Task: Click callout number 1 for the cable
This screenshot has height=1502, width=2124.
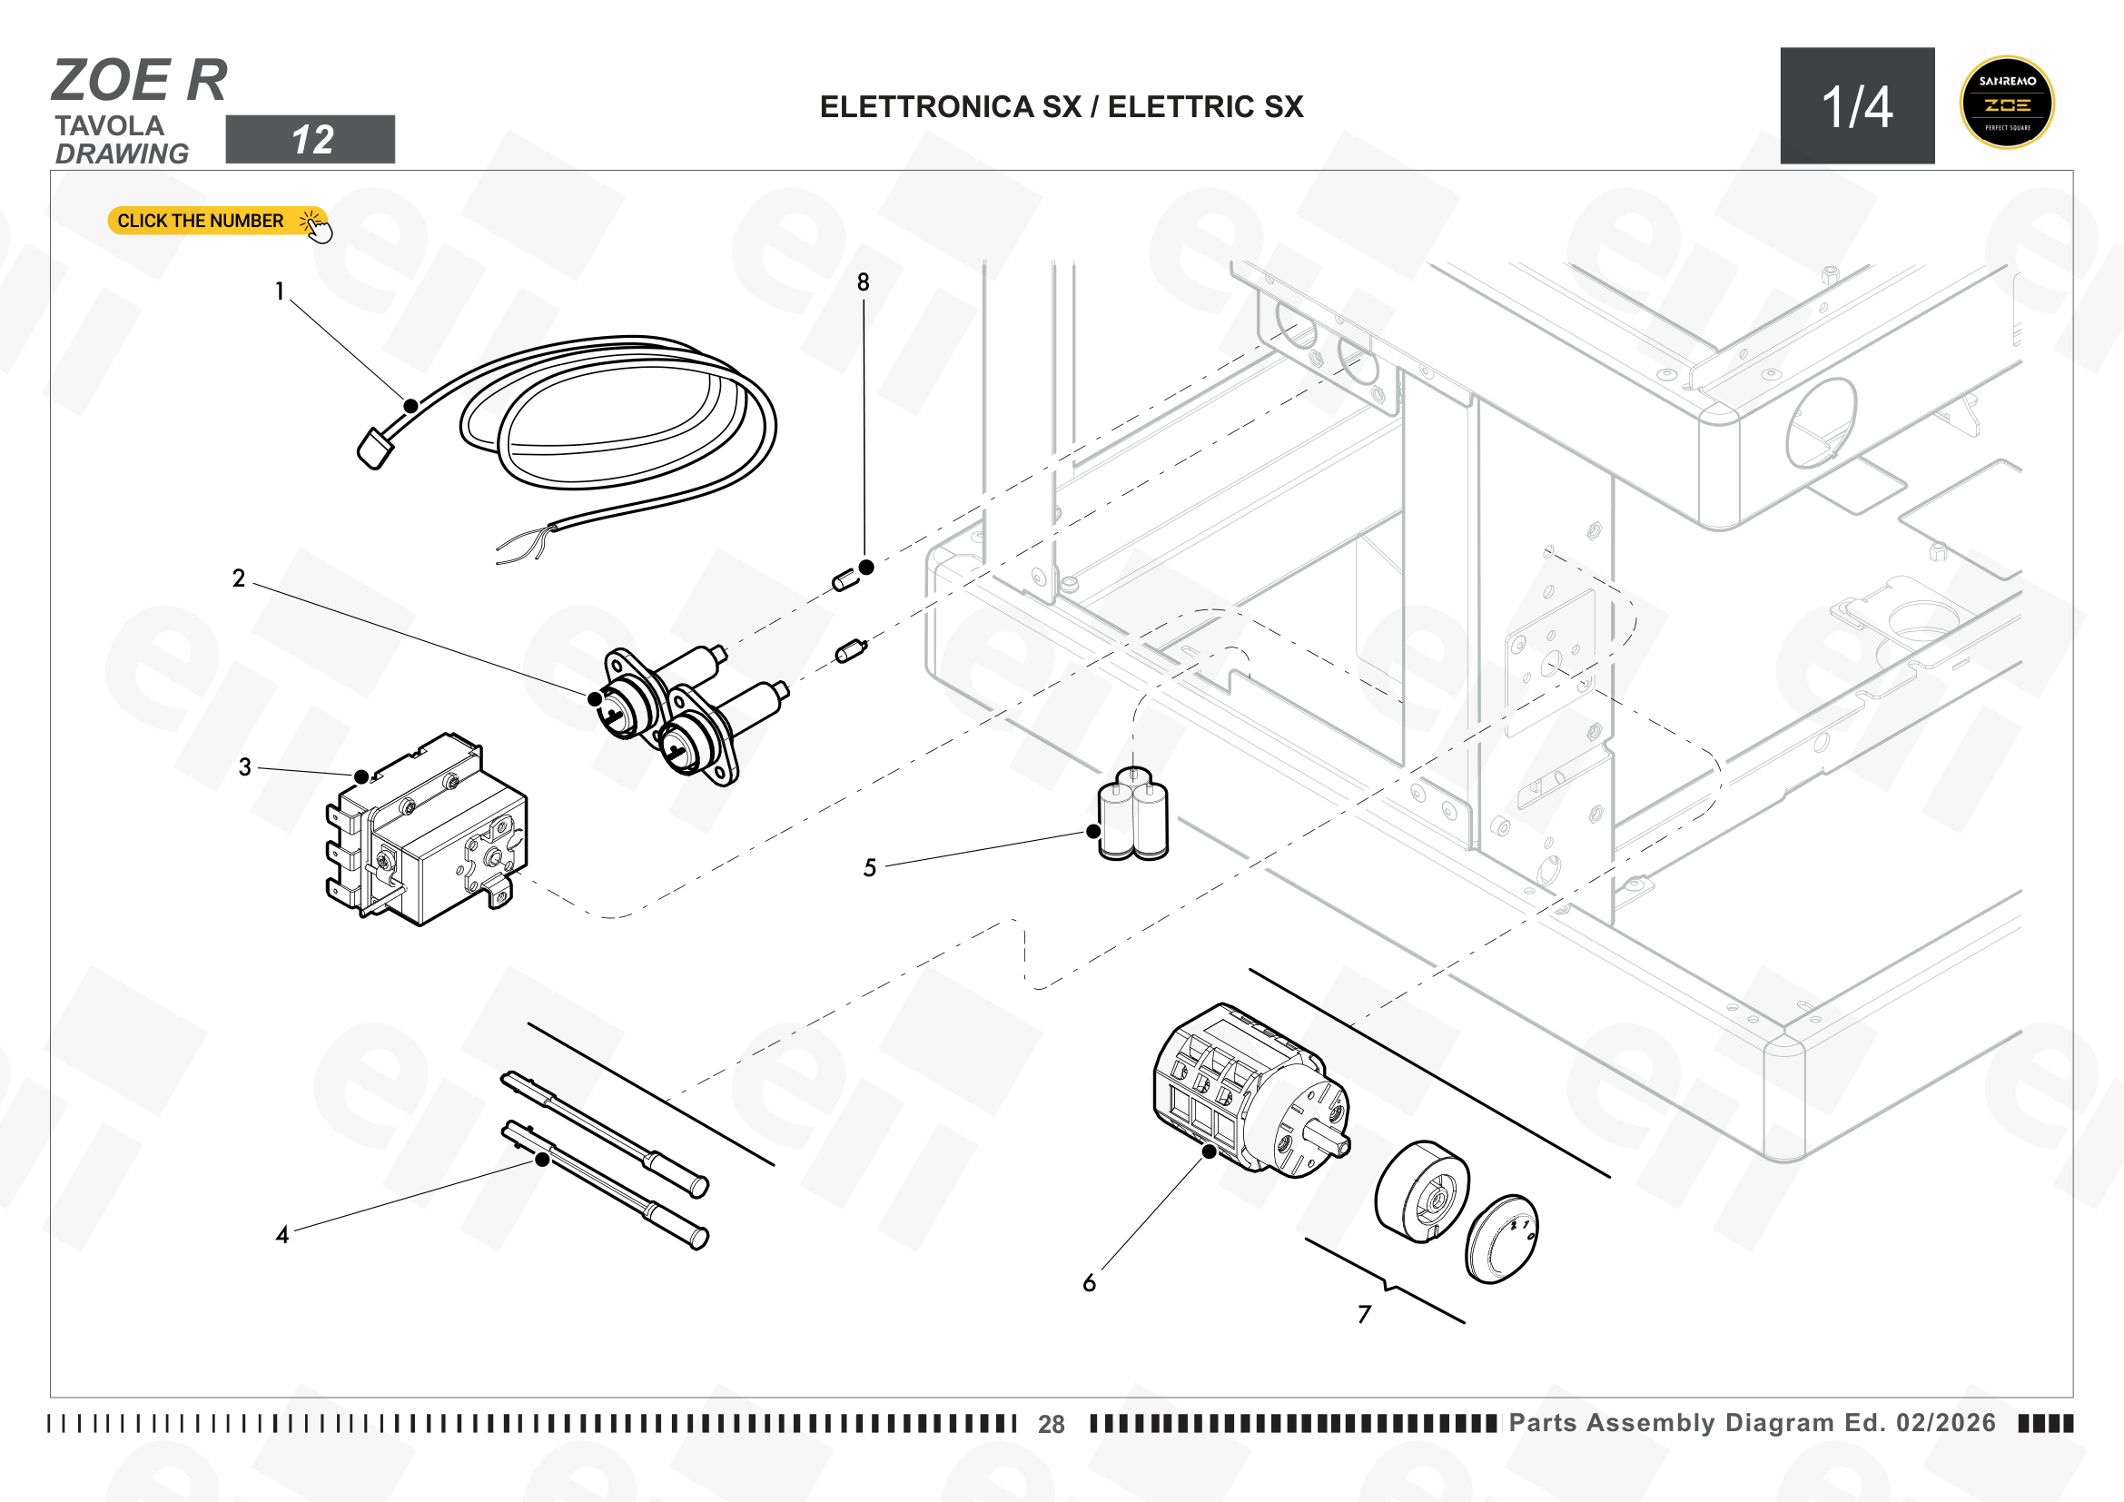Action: (280, 292)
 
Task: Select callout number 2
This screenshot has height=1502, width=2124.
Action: (239, 578)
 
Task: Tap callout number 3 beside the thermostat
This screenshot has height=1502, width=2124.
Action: (245, 766)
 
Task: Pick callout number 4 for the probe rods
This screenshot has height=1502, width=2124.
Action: (282, 1235)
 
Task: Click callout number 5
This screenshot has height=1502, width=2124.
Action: (870, 867)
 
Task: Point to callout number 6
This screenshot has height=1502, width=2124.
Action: (1090, 1283)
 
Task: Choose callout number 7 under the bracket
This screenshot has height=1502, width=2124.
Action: (1365, 1314)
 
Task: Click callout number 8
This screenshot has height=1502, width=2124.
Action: (863, 282)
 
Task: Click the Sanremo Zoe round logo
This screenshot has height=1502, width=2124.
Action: (2007, 103)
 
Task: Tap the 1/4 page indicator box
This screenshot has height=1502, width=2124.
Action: (1858, 105)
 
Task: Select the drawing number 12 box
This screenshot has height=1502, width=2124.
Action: (310, 140)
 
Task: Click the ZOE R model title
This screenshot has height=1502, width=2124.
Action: (140, 80)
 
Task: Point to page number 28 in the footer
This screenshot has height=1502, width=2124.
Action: (1051, 1424)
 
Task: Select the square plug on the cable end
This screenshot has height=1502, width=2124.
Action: (375, 450)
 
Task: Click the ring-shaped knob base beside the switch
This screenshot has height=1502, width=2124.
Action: (1422, 1191)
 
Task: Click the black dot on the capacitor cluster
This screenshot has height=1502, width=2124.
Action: (1093, 832)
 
